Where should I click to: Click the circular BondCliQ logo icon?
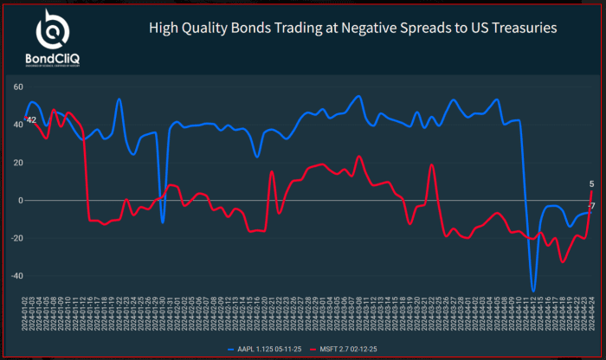coord(53,30)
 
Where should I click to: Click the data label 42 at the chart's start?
coord(31,120)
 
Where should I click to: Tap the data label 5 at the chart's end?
coord(591,183)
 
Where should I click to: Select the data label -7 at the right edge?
coord(591,205)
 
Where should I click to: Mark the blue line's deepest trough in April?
coord(533,291)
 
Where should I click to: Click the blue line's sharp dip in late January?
coord(162,222)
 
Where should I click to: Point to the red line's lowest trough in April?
coord(562,261)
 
